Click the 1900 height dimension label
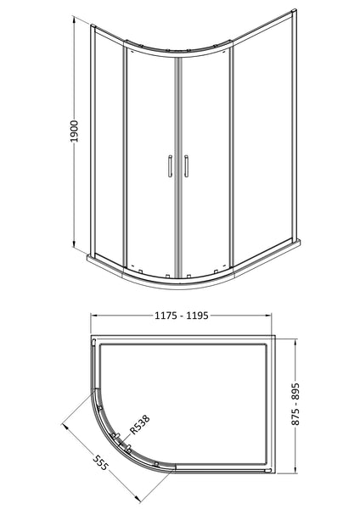74,139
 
